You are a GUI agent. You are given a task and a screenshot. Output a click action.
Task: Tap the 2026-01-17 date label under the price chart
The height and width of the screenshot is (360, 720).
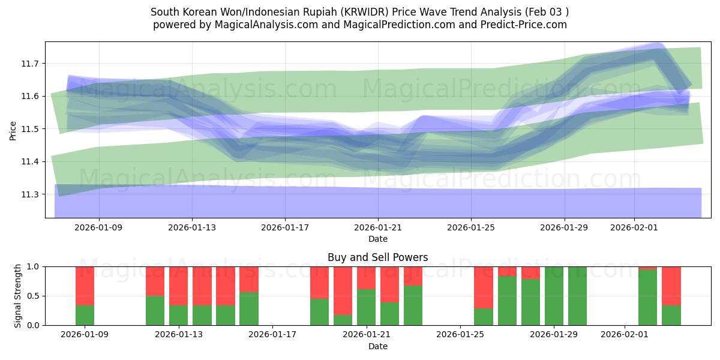(x=285, y=228)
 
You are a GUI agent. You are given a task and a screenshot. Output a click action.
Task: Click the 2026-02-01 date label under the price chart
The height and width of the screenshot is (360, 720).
(x=634, y=228)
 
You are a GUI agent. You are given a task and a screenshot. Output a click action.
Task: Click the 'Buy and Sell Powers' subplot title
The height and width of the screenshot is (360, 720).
(x=377, y=257)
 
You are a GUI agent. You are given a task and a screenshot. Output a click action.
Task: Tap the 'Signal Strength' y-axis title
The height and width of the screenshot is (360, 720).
(x=18, y=295)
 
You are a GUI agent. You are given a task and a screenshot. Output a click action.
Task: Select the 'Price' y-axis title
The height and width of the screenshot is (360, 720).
(x=13, y=130)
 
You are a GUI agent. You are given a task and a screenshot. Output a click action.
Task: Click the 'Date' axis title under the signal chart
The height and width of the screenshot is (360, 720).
(x=377, y=346)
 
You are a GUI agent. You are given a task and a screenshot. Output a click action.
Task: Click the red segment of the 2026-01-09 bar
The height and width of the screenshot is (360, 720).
(x=85, y=286)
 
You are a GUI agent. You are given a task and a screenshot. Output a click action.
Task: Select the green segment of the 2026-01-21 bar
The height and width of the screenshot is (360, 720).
(x=366, y=307)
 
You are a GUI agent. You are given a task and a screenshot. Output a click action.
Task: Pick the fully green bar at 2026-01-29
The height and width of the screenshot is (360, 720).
(x=554, y=296)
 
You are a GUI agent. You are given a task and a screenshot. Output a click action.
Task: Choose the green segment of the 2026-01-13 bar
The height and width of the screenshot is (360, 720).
(x=178, y=315)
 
